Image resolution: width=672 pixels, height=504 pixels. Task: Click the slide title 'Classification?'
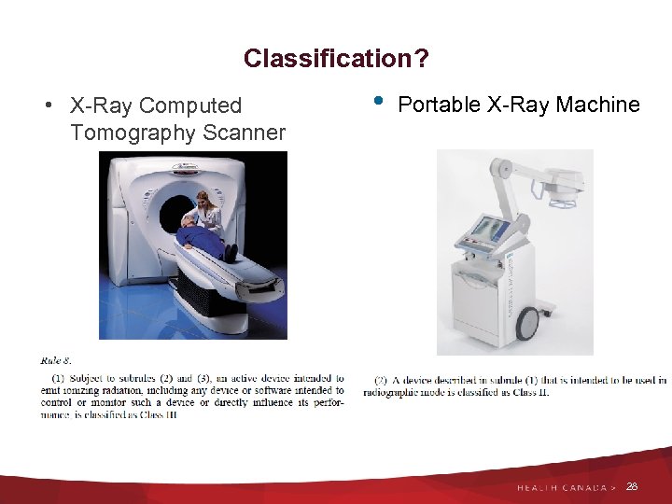(x=336, y=59)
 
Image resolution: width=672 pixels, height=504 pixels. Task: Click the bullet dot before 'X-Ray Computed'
(x=47, y=105)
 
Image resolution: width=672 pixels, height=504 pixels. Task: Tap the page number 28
(x=632, y=486)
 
